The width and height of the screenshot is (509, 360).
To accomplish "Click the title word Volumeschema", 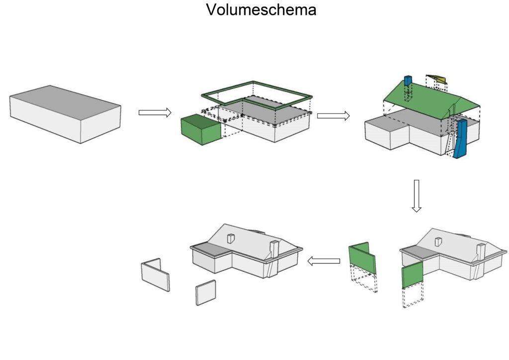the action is point(261,10).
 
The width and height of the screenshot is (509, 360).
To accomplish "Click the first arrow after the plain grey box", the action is point(155,113).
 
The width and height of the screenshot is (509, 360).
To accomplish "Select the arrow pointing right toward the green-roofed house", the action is point(334,116).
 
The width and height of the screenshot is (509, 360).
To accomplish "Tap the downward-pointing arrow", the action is point(417,196).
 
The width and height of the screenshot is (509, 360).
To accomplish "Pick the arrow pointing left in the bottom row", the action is point(324,261).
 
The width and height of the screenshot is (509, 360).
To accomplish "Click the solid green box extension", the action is point(201,129).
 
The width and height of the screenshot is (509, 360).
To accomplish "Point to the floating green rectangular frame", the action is point(256,95).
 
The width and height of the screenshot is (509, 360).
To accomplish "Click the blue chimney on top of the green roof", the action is point(408,81).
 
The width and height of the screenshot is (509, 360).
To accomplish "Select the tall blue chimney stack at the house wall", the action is point(460,139).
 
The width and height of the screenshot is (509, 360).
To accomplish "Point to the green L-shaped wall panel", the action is point(362,258).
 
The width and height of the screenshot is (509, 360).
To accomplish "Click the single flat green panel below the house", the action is point(413,275).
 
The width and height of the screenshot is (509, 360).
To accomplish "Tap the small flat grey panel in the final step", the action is point(205,292).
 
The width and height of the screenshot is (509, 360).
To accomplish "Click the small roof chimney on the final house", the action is point(231,239).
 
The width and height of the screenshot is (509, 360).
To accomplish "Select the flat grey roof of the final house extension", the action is point(211,248).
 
